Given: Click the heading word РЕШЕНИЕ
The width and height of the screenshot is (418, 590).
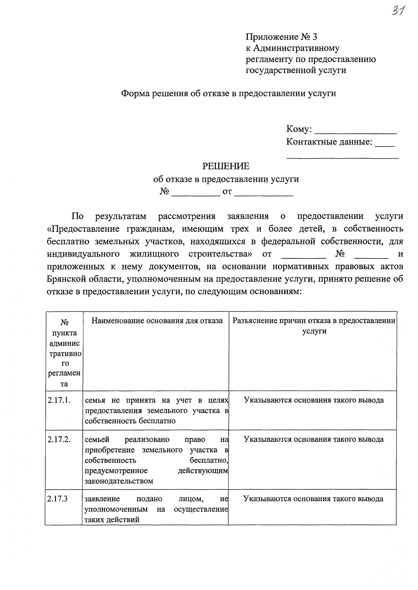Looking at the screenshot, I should point(226,166).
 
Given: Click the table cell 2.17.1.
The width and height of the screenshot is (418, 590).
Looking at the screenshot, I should point(59,400).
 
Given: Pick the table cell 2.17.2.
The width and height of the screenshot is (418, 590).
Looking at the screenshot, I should point(59,439).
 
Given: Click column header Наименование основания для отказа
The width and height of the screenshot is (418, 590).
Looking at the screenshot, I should point(157,321).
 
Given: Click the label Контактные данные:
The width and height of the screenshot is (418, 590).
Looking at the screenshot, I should point(329,142).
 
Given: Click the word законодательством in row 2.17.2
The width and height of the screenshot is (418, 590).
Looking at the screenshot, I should point(119,481).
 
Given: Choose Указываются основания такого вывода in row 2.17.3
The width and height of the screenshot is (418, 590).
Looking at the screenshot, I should point(313,499).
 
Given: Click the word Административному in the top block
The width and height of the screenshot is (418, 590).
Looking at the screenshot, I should point(296,48).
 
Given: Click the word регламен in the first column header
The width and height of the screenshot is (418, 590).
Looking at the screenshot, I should point(64,373).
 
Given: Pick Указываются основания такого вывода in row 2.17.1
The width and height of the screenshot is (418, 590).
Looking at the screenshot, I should point(313,400).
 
